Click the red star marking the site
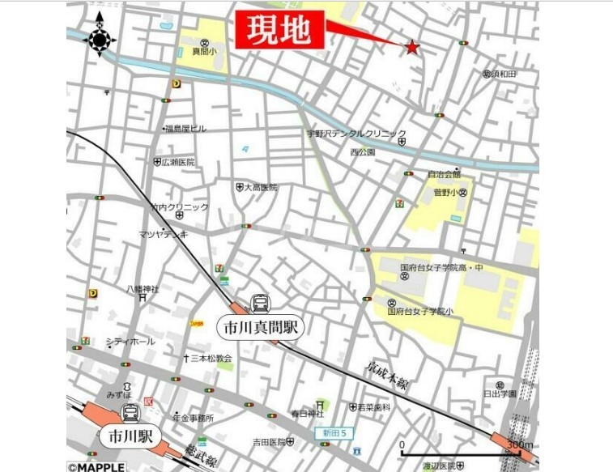coord(412,47)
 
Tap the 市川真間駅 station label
coord(258,328)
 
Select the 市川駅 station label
coord(126,436)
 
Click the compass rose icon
coord(100,39)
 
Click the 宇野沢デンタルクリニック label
coord(355,134)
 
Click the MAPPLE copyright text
coord(96,467)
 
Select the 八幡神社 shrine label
coord(143,289)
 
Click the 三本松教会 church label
coord(211,358)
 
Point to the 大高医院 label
coord(261,187)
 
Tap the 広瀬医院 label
coord(178,162)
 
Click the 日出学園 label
coord(500,393)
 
